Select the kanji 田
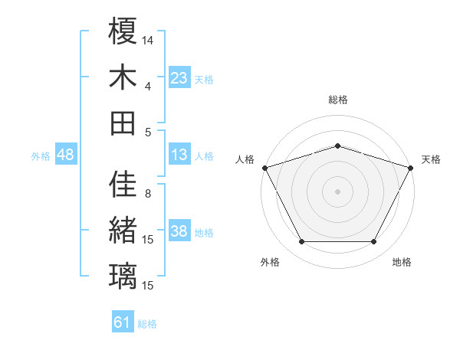coord(123,123)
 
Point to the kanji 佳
coord(123,185)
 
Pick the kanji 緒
coord(123,231)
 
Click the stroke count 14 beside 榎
coord(148,39)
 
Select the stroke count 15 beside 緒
coord(148,240)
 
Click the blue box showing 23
coord(179,77)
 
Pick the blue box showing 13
coord(179,155)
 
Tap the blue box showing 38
coord(179,231)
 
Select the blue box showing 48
coord(65,155)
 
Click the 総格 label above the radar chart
coord(337,100)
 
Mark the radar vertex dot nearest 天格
coord(412,167)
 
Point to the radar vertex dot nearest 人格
coord(264,167)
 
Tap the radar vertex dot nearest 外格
coord(301,242)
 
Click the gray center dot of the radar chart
coord(337,191)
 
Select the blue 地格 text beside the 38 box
coord(204,233)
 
